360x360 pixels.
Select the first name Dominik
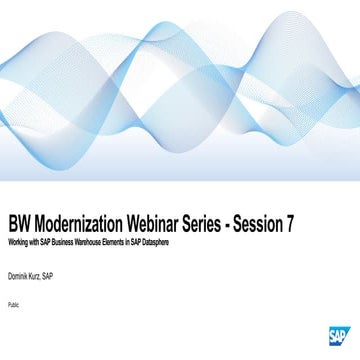click(20, 274)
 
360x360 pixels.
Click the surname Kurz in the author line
click(42, 274)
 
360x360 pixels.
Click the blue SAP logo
click(336, 336)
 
